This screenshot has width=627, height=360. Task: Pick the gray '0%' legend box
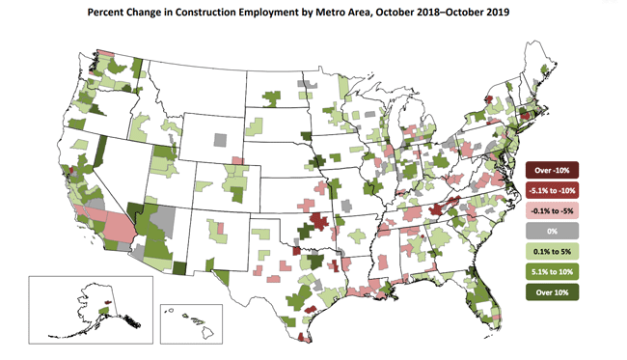(x=552, y=232)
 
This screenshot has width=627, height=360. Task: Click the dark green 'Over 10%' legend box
(x=552, y=292)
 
